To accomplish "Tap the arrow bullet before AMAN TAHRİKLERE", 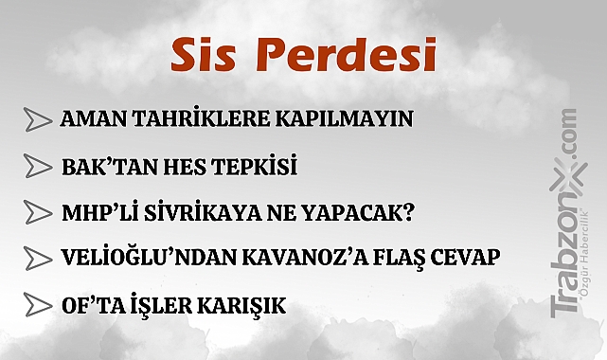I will [x=38, y=121].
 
